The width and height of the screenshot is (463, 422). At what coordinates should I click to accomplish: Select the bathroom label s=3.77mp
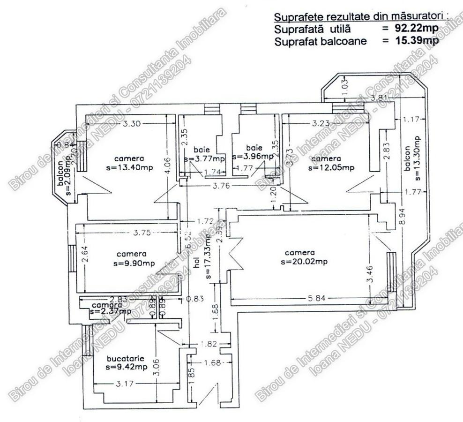(x=204, y=159)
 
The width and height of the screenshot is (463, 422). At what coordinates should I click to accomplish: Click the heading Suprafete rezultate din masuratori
(x=359, y=18)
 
